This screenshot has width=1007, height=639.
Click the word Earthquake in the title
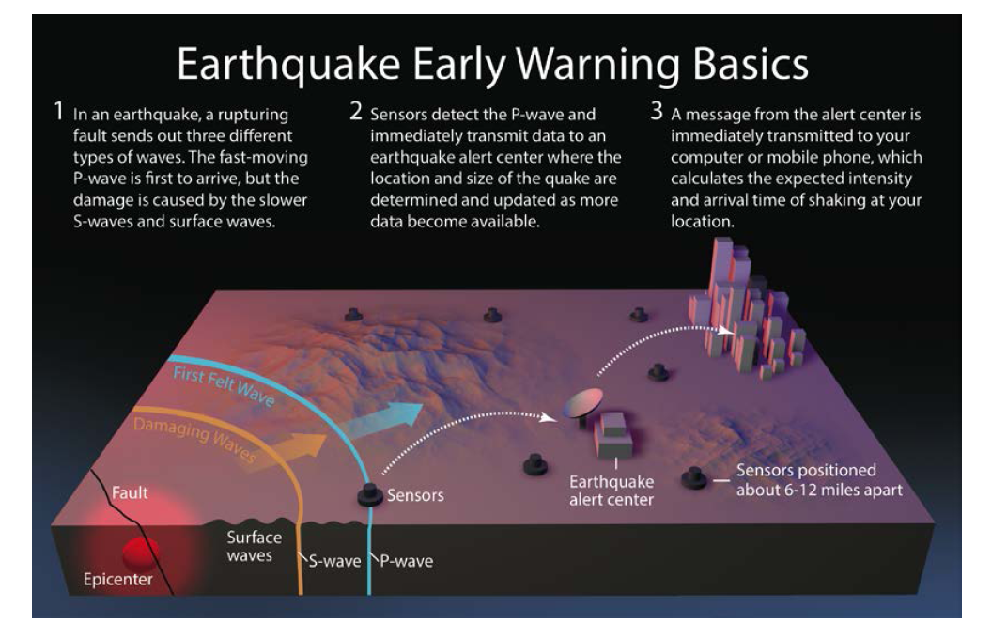tap(288, 64)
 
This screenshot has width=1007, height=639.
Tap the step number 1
tap(58, 111)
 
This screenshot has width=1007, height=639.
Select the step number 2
tap(356, 111)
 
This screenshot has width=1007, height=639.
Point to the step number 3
tap(656, 111)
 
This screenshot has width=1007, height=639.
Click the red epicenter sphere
tap(141, 553)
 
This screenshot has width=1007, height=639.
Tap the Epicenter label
tap(118, 579)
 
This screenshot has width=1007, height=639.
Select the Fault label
tap(130, 492)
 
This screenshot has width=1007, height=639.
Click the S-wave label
tap(334, 561)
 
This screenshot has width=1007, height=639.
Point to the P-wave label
tap(407, 561)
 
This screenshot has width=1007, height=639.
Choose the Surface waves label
tap(254, 547)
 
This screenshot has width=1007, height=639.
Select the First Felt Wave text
tap(224, 386)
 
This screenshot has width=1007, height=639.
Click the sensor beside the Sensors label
tap(370, 495)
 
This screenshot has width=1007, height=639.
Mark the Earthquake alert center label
tap(612, 491)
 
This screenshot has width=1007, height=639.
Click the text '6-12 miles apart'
tap(839, 490)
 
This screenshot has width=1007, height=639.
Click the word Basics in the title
tap(751, 64)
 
